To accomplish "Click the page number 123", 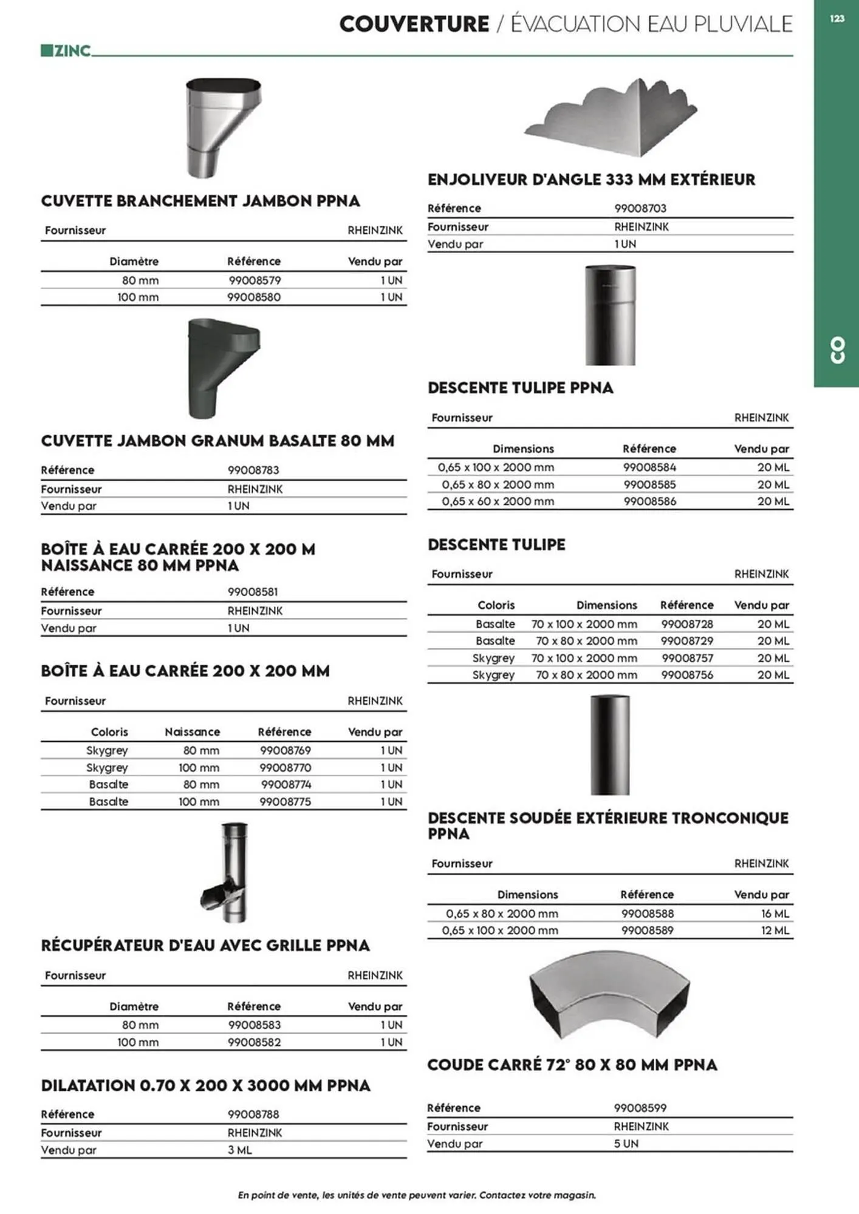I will coord(837,19).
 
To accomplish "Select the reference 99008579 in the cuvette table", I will coord(255,280).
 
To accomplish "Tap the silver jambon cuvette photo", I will coord(222,127).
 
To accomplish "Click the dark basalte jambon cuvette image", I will coord(222,368).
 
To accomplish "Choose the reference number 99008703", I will coord(640,208).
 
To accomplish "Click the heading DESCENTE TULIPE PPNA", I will coord(520,388).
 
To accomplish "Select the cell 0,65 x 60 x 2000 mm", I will coord(498,501).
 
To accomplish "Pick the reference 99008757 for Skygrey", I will coord(687,658).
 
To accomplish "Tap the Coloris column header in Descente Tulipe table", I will coord(496,605).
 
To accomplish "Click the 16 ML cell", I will coord(775,914).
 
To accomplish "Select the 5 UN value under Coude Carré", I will coord(626,1144).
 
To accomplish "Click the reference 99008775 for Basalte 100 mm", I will coord(285,802).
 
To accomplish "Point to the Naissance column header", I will coord(192,732).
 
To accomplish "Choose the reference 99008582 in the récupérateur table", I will coord(254,1042).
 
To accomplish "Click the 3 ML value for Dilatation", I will coord(239,1150).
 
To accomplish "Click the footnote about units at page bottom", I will coord(417,1195).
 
